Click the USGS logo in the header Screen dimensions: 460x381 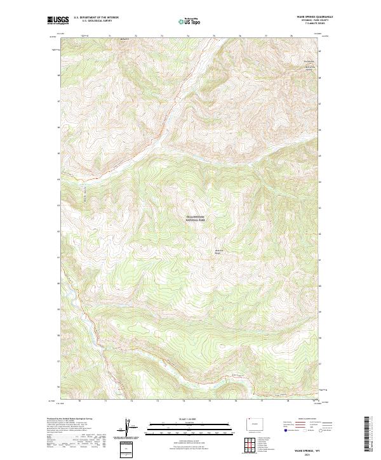pyautogui.click(x=58, y=20)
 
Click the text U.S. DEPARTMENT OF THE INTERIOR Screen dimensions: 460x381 pyautogui.click(x=96, y=18)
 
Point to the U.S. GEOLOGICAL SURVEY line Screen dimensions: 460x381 pyautogui.click(x=96, y=21)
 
